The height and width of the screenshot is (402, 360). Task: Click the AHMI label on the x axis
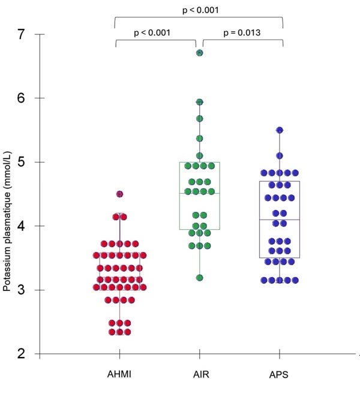(x=120, y=376)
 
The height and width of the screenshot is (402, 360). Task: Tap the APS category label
(x=279, y=376)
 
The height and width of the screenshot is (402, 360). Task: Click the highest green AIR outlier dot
(x=199, y=53)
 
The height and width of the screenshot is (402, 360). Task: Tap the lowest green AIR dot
(x=199, y=278)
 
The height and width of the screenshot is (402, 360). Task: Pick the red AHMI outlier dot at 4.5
(x=119, y=194)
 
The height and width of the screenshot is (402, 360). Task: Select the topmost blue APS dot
(x=279, y=130)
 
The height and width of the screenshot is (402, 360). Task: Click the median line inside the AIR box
(x=199, y=193)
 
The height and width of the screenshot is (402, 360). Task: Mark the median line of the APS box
(x=279, y=220)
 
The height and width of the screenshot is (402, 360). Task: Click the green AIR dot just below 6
(x=199, y=103)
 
